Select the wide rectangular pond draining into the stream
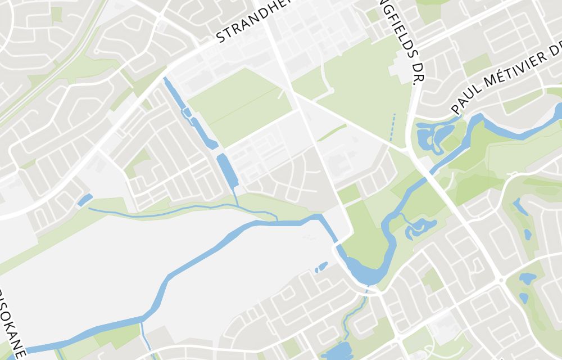228,169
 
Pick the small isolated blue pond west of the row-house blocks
85,200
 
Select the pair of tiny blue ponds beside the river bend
321,267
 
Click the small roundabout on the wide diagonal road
501,278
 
